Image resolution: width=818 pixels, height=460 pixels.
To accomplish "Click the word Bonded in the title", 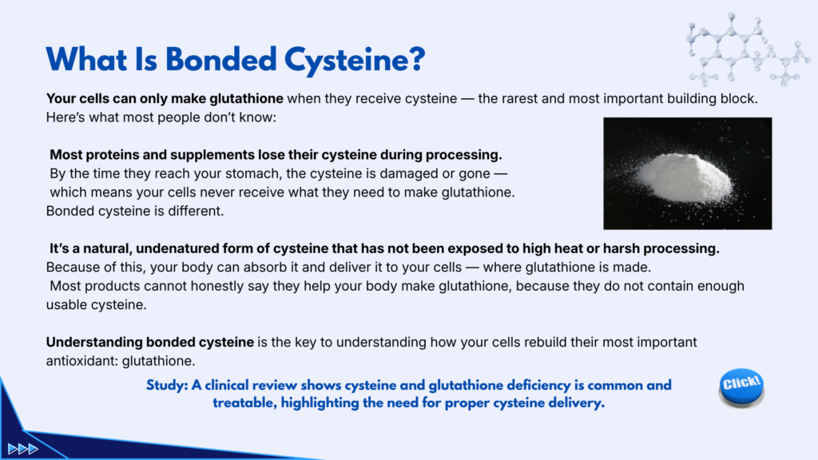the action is click(x=221, y=59).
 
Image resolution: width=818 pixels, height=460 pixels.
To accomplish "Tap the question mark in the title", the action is click(x=417, y=59).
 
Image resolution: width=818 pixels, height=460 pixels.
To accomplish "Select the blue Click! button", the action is click(x=741, y=387).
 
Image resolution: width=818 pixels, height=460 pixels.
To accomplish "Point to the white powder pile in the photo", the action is click(x=684, y=178).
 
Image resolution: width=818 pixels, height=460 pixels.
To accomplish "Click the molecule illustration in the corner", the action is click(x=748, y=50).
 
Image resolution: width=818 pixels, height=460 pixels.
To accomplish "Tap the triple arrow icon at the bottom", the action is click(x=23, y=449).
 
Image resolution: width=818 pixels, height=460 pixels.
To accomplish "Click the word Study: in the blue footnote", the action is click(x=167, y=386).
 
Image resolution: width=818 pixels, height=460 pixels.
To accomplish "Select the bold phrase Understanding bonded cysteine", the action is click(x=149, y=342).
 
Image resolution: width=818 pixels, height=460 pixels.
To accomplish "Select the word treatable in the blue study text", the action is click(x=244, y=402).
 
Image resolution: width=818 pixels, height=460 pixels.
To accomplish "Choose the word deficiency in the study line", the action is click(x=538, y=386).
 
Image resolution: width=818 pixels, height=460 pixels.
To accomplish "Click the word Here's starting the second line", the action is click(x=66, y=117).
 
